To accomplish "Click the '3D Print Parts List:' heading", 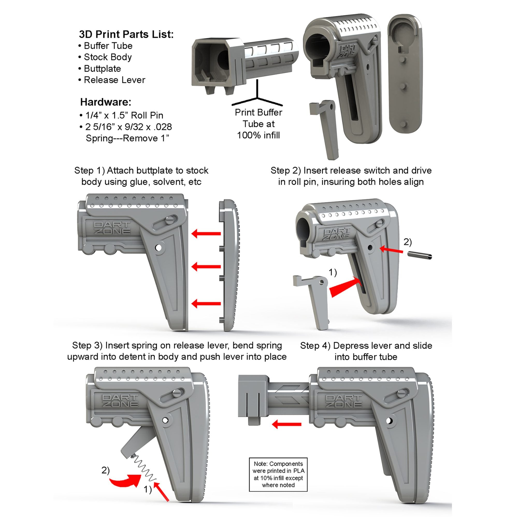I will click(x=126, y=34).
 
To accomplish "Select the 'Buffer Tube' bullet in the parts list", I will click(x=108, y=46).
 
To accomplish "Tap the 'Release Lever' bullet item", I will click(x=114, y=80).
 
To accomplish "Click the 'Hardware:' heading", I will click(x=106, y=102).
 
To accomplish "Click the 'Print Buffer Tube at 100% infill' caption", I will click(x=258, y=124).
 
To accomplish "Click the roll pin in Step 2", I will click(x=420, y=255).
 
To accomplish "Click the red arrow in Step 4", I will click(x=286, y=424).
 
